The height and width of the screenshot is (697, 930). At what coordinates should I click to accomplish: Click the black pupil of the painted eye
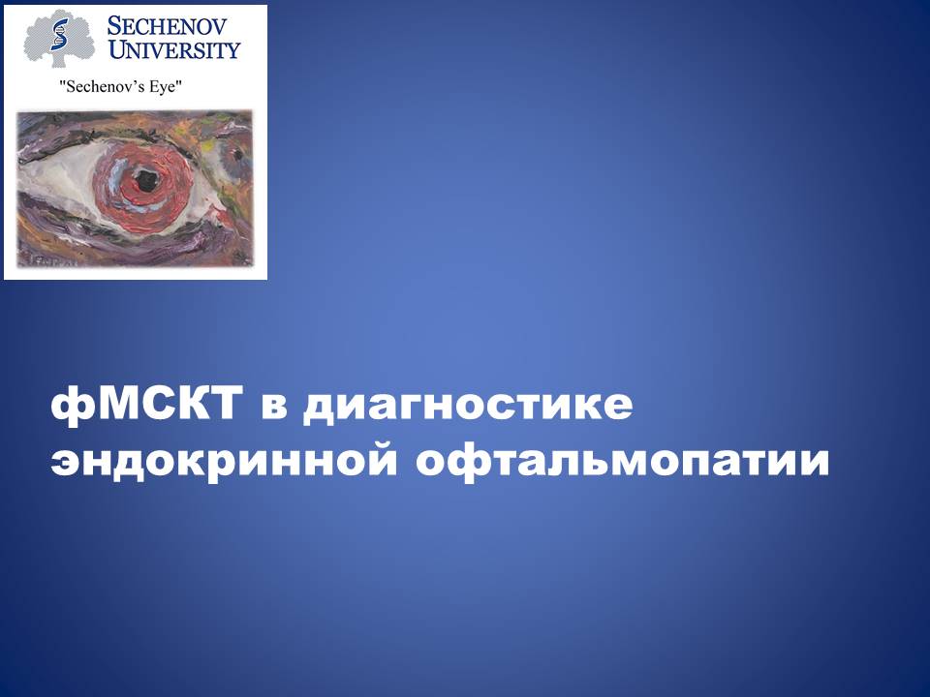pyautogui.click(x=146, y=179)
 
